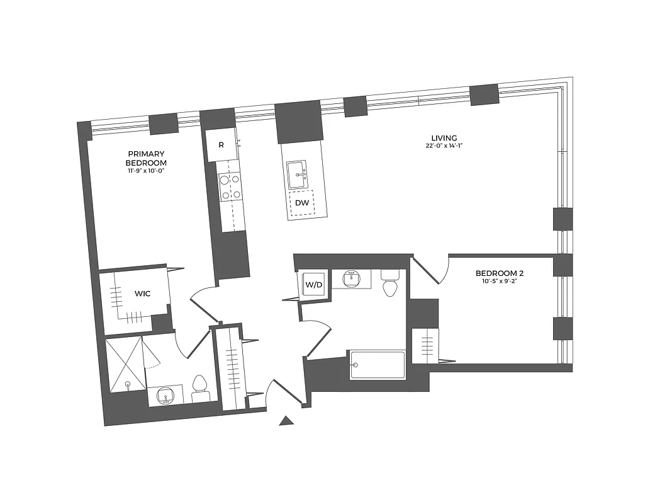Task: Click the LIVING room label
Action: click(x=444, y=138)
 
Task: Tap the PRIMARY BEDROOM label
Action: click(x=146, y=158)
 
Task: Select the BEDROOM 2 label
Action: click(x=500, y=273)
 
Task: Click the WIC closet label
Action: click(x=142, y=293)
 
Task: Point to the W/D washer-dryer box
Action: click(x=313, y=285)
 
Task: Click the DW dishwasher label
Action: click(x=302, y=203)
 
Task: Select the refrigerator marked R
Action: click(x=221, y=145)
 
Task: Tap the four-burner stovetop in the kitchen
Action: click(x=230, y=187)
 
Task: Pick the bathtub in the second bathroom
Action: click(x=378, y=365)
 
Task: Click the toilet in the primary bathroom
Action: click(x=201, y=388)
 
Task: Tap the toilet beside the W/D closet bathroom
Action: click(x=391, y=283)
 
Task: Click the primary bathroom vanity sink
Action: click(x=166, y=395)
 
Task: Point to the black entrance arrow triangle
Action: click(x=287, y=421)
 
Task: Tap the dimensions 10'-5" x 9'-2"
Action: click(x=500, y=282)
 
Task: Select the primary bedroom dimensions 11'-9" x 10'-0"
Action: click(x=146, y=170)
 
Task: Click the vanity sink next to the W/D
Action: click(x=352, y=278)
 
